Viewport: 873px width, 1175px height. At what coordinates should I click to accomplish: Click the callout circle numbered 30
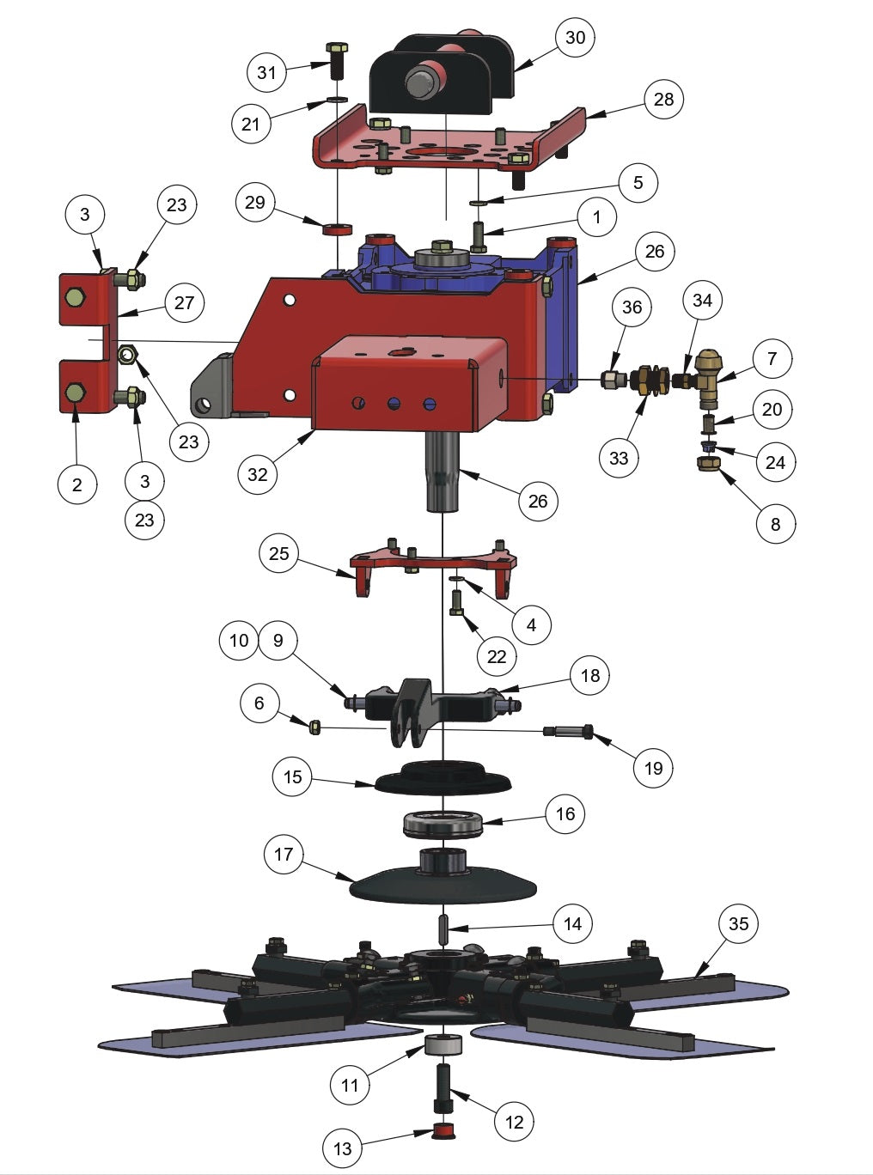[575, 37]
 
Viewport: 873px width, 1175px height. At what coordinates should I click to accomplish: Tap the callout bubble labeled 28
[663, 99]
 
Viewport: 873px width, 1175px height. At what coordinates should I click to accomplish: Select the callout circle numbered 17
[284, 854]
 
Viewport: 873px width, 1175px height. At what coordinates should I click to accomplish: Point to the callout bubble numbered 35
[738, 923]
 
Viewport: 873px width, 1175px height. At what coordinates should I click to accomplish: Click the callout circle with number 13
[342, 1148]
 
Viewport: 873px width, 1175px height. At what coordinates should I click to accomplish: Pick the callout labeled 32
[258, 474]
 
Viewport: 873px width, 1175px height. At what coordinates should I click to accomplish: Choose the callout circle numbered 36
[632, 307]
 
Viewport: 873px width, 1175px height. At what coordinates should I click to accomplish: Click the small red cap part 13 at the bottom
[444, 1131]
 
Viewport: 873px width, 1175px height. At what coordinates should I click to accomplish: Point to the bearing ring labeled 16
[443, 825]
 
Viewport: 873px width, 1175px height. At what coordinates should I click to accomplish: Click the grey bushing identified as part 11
[444, 1047]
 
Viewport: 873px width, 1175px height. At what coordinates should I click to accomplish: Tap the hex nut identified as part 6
[315, 728]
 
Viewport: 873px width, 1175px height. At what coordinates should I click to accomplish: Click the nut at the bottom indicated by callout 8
[711, 464]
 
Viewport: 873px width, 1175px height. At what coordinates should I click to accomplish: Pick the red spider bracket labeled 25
[434, 564]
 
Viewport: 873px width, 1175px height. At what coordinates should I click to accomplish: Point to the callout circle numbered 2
[77, 484]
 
